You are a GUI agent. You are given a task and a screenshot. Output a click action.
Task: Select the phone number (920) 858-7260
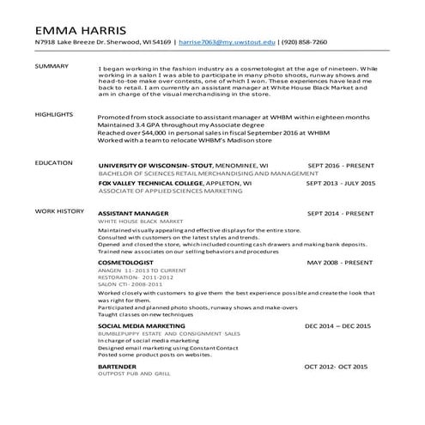304,41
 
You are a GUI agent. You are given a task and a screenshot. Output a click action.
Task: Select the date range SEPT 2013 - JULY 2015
341,183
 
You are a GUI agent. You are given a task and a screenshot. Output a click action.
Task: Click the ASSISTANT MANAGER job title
133,212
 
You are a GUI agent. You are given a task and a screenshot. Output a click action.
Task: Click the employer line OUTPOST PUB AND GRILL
134,374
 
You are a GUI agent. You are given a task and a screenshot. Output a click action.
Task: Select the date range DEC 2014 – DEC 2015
337,326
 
